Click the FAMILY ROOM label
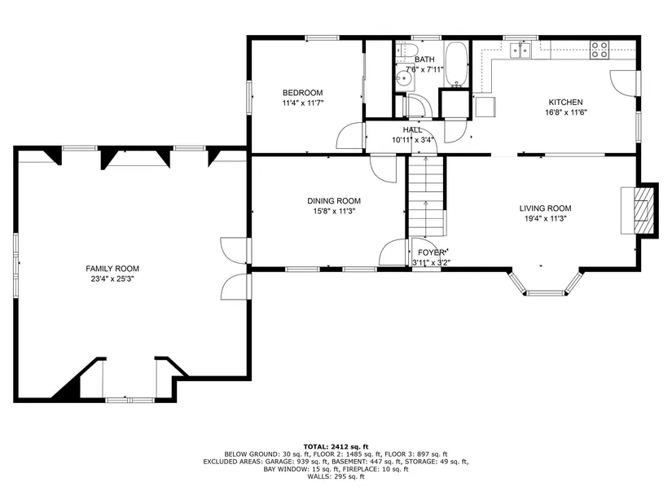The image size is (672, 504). click(112, 269)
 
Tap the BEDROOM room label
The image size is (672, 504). click(302, 93)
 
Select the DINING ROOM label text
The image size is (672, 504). click(334, 200)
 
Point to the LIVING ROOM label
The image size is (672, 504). click(545, 208)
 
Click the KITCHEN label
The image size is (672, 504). click(566, 102)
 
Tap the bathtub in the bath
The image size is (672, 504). click(457, 64)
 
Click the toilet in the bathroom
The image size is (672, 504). click(403, 50)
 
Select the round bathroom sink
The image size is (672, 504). click(403, 78)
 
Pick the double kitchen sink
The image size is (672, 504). click(520, 50)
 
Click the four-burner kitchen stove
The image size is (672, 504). click(600, 50)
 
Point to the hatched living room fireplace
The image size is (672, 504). click(642, 209)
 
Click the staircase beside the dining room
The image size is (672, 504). click(425, 196)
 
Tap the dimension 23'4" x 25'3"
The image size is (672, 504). click(112, 279)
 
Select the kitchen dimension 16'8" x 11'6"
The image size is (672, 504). click(566, 112)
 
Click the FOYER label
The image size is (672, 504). click(431, 252)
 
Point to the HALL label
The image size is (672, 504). click(412, 129)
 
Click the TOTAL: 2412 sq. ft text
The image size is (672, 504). click(336, 446)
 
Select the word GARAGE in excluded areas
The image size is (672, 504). click(279, 462)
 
